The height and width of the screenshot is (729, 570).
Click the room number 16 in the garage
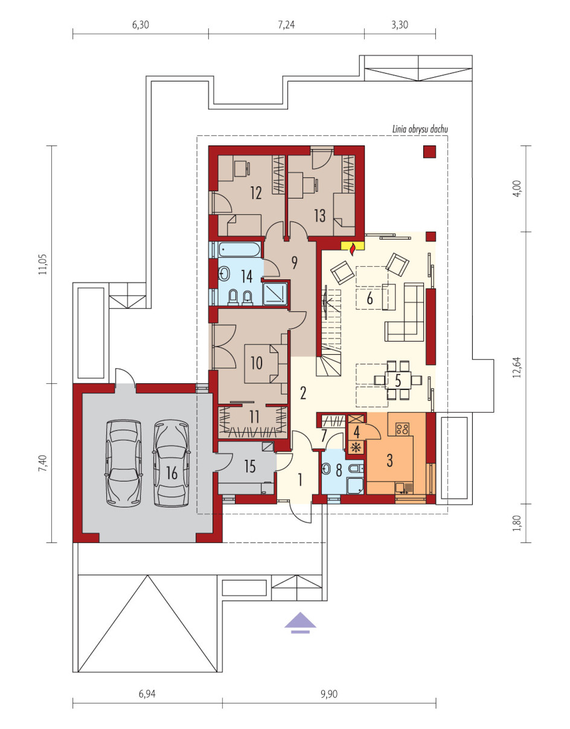(171, 473)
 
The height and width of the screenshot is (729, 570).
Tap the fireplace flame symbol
(353, 250)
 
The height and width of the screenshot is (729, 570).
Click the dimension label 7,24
(286, 25)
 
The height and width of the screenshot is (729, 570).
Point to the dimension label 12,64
(517, 368)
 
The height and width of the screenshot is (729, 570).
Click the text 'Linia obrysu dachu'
(420, 129)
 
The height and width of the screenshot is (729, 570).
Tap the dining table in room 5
(398, 380)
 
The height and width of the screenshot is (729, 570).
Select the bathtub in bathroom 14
(240, 250)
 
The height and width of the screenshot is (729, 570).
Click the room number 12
(256, 193)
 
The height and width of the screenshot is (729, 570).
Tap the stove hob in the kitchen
(402, 428)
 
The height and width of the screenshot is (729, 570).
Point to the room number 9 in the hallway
(295, 263)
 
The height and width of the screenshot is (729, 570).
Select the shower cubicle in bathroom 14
(275, 294)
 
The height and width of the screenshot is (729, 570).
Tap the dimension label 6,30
(140, 25)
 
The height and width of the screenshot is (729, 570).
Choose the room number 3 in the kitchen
(389, 460)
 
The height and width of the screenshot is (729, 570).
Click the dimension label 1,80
(517, 523)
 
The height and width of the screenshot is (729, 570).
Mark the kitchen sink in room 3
(403, 488)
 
